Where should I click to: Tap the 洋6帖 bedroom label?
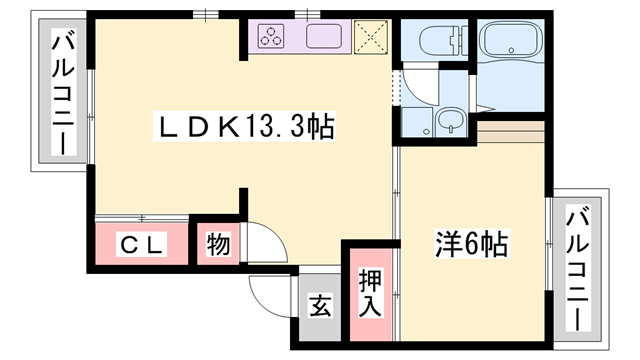pos(471,243)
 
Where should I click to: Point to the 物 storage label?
pos(217,243)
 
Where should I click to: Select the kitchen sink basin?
pos(328,37)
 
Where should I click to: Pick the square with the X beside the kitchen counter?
pos(371,36)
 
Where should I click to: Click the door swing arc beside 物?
pos(258,243)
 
